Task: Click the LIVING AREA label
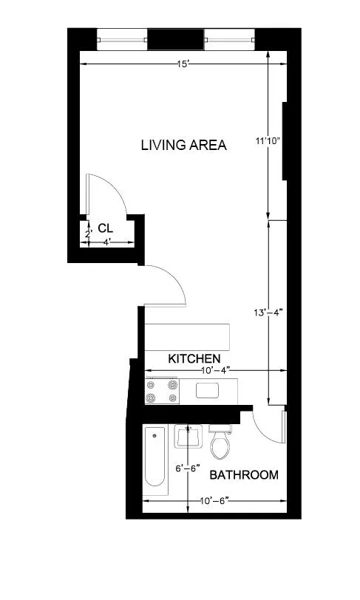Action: click(x=183, y=145)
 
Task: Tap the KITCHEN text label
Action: click(x=194, y=358)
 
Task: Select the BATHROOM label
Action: click(x=244, y=474)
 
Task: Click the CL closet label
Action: click(x=105, y=228)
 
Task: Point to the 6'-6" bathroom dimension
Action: click(x=188, y=468)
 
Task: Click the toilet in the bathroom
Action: click(x=220, y=443)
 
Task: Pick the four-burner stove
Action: click(x=163, y=391)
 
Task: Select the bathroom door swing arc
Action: click(x=266, y=426)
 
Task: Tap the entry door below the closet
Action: click(x=166, y=284)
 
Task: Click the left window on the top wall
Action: click(x=121, y=38)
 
